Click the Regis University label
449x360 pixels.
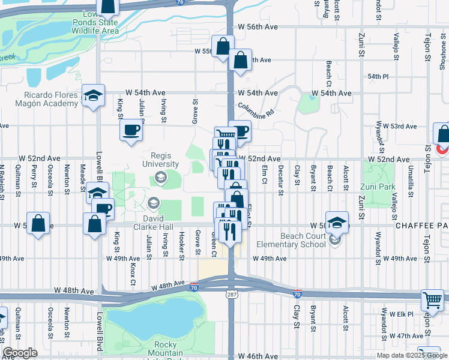161,160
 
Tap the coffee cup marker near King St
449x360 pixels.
131,130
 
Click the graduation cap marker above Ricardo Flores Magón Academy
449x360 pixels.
94,96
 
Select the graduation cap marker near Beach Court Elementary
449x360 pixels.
337,222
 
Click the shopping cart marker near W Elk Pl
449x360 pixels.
432,299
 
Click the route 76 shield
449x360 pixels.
181,2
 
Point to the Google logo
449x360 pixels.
20,352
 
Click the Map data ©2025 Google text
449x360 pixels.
412,355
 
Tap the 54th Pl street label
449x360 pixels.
379,77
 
